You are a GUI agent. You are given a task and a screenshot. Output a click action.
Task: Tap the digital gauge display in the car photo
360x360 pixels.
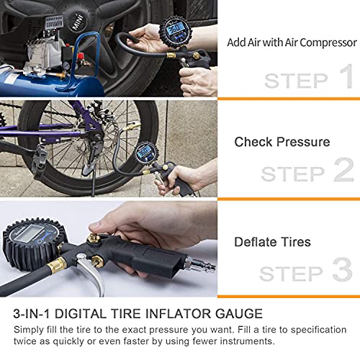(174, 29)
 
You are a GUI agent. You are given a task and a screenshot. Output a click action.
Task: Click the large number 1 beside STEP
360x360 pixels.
(347, 76)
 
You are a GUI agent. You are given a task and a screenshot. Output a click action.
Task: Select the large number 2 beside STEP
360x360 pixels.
(343, 169)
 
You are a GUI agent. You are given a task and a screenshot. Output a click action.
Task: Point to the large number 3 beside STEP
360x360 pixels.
(343, 269)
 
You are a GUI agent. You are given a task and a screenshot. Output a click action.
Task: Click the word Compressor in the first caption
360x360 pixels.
(328, 43)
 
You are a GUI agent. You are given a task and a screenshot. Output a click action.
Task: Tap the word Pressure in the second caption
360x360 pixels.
(303, 142)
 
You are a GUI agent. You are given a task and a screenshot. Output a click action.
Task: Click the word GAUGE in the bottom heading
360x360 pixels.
(239, 314)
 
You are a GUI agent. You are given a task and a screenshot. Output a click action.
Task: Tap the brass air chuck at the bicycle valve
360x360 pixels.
(131, 126)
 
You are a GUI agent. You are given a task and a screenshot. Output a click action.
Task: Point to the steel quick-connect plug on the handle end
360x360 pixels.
(199, 265)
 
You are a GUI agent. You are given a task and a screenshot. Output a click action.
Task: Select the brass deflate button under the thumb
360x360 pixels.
(94, 238)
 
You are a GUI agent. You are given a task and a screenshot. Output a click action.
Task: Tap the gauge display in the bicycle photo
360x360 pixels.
(145, 152)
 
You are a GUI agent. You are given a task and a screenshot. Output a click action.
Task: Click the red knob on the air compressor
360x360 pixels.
(81, 56)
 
